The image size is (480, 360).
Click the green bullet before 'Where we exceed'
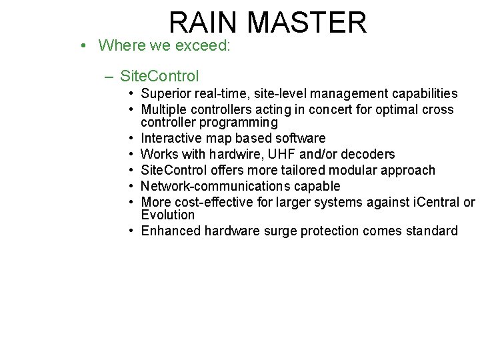click(x=81, y=45)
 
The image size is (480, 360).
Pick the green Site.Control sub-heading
click(x=160, y=77)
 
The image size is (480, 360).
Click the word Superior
click(x=167, y=94)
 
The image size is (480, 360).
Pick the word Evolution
click(x=168, y=215)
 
